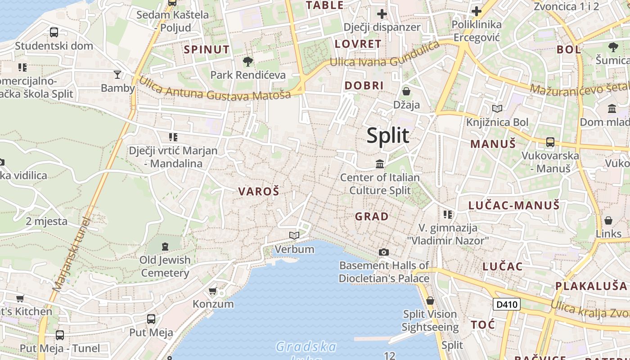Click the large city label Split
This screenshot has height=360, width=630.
(388, 135)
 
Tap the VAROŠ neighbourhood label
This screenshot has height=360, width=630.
(259, 191)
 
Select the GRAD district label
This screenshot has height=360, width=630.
(372, 216)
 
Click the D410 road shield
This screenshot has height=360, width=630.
(507, 305)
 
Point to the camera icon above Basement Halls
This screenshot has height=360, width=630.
(383, 252)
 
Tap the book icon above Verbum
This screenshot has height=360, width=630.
(294, 235)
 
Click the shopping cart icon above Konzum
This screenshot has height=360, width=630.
(213, 291)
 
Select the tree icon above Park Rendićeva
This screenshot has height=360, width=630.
(247, 61)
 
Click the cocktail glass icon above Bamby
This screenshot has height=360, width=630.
(117, 74)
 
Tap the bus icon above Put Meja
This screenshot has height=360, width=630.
(151, 319)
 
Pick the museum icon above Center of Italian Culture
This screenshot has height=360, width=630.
(380, 164)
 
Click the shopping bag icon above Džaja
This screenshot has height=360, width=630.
(406, 91)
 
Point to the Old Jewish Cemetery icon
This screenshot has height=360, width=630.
(165, 246)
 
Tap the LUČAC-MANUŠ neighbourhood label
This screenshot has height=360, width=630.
(514, 206)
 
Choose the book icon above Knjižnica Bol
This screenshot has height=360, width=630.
(497, 108)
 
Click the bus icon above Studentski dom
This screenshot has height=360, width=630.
(54, 32)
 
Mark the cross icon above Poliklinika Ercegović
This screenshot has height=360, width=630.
(476, 11)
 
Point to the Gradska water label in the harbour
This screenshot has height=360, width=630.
(306, 346)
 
